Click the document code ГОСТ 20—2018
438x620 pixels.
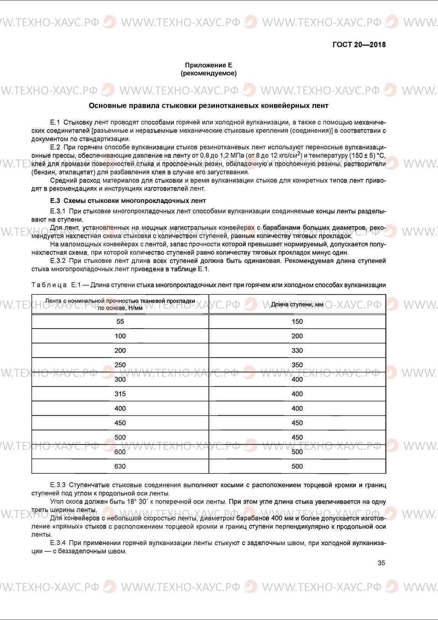tap(359, 45)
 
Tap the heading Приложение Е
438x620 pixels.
tap(208, 65)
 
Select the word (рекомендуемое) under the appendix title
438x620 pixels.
tap(208, 73)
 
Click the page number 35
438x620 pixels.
tap(381, 563)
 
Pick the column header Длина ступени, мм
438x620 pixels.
tap(297, 305)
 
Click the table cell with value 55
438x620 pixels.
tap(120, 321)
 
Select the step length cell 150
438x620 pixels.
tap(297, 321)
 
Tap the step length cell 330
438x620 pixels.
tap(297, 350)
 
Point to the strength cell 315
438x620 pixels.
tap(120, 394)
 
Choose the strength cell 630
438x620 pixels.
tap(120, 466)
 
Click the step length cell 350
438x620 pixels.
tap(297, 365)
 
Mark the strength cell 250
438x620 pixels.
tap(120, 365)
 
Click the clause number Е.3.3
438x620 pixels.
tap(58, 485)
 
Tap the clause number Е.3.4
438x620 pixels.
tap(58, 543)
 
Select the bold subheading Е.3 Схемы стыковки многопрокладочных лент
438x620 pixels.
tap(128, 201)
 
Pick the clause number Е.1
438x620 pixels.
tap(55, 123)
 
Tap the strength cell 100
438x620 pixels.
tap(120, 336)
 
